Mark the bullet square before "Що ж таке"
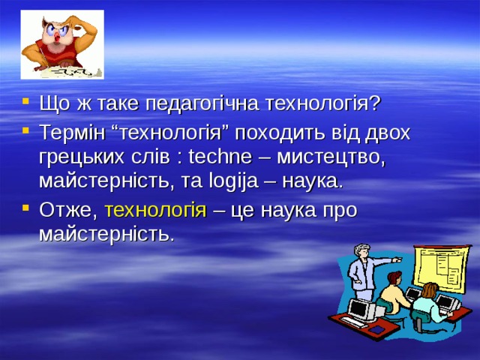26,101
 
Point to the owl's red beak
58,39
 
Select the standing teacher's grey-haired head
363,252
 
